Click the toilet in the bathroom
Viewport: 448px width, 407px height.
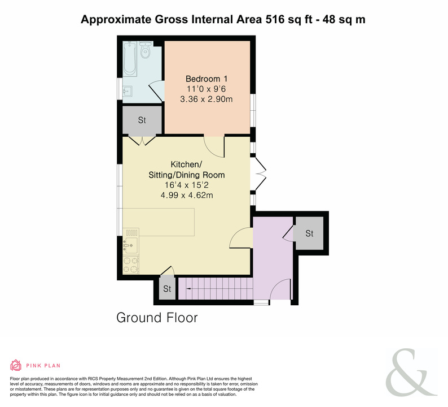tap(146, 50)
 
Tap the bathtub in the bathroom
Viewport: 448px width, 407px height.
tap(130, 59)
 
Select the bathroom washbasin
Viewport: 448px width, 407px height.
tap(128, 92)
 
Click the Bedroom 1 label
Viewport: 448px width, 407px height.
tap(207, 79)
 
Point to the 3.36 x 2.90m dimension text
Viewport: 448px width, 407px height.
tap(207, 99)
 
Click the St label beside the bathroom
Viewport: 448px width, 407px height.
tap(142, 120)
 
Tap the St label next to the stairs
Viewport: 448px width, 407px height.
tap(167, 289)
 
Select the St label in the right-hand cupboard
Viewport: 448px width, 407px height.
tap(309, 233)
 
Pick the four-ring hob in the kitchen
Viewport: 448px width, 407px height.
tap(131, 265)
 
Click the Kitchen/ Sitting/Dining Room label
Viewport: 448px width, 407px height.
tap(187, 170)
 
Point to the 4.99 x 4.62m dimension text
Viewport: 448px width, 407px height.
tap(187, 196)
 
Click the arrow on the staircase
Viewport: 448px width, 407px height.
tap(189, 289)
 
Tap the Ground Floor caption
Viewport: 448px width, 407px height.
tap(157, 318)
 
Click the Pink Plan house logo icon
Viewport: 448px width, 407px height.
tap(16, 365)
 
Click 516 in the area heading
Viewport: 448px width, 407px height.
tap(275, 19)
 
